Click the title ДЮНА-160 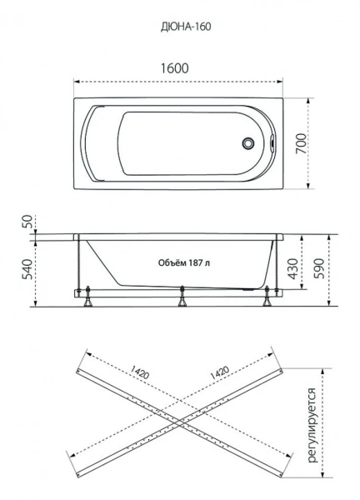186,27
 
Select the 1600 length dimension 174,68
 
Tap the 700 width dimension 302,143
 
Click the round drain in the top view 247,143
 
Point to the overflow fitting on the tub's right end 272,143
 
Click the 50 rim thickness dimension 27,222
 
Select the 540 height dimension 27,270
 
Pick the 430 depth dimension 292,268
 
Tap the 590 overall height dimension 319,268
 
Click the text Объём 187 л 184,263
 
